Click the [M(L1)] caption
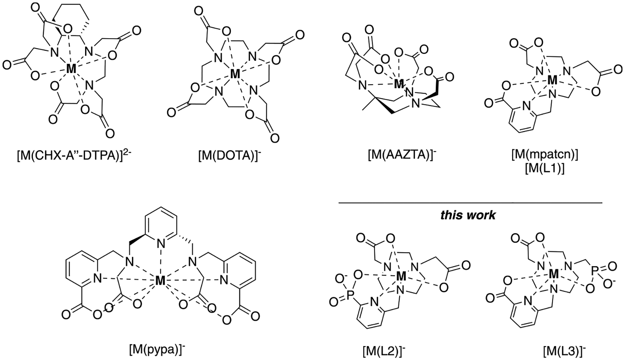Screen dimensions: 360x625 pyautogui.click(x=544, y=170)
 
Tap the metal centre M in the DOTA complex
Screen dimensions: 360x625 pyautogui.click(x=235, y=74)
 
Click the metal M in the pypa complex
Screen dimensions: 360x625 pyautogui.click(x=160, y=280)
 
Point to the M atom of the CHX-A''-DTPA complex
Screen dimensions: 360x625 pyautogui.click(x=71, y=69)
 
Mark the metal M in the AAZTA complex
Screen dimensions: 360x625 pyautogui.click(x=399, y=84)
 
